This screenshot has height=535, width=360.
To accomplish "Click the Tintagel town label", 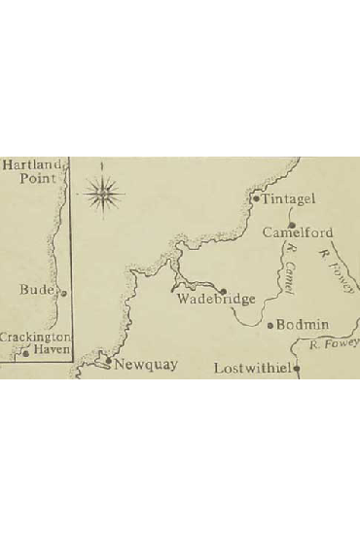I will [289, 200].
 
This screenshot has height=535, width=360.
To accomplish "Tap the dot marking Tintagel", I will [256, 200].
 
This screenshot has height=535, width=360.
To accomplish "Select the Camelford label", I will [299, 233].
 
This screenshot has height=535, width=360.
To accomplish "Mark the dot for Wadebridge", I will [224, 291].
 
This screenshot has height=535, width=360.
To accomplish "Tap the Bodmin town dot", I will [271, 325].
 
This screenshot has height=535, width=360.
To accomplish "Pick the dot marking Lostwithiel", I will [296, 370].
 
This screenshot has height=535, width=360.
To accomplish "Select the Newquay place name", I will [146, 365].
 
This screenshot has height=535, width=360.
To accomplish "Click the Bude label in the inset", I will [38, 290].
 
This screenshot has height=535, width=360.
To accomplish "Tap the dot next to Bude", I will [63, 292].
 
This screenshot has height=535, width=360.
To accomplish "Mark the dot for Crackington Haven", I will [26, 354].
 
